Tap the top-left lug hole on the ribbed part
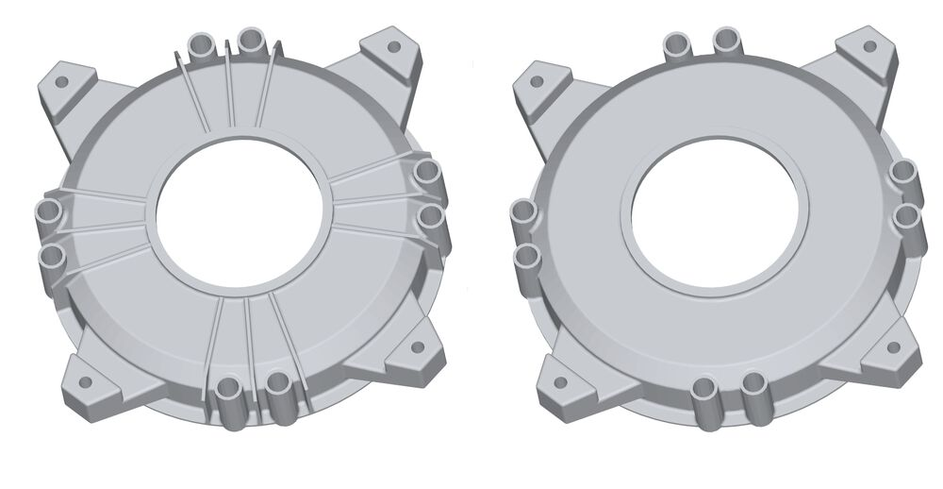(x=61, y=82)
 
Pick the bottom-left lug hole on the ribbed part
(x=85, y=383)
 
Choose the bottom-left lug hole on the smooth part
(x=560, y=383)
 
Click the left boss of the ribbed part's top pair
(x=202, y=43)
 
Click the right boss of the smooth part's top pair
(x=726, y=40)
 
